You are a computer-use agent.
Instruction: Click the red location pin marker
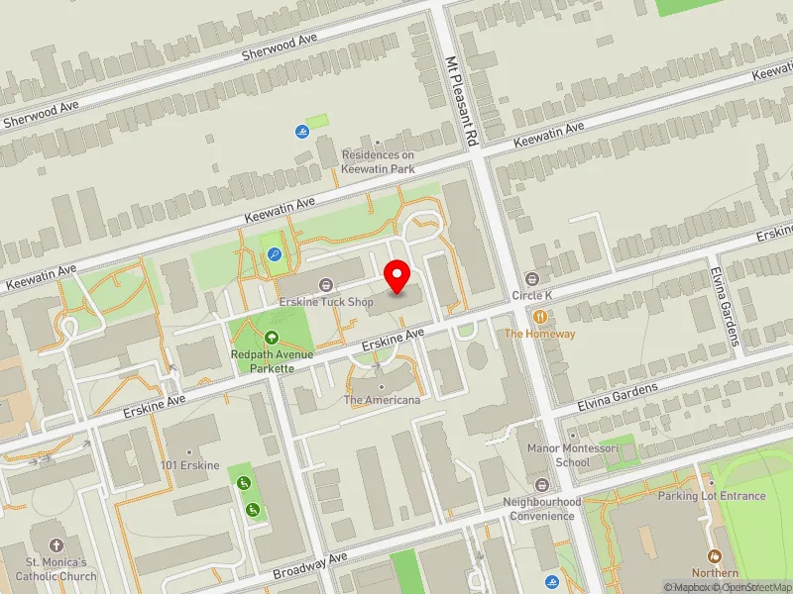click(x=397, y=276)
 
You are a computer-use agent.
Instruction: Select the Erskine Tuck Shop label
click(x=326, y=302)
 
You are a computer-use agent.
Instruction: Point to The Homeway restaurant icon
click(x=540, y=318)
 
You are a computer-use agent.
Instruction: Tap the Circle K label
click(x=531, y=296)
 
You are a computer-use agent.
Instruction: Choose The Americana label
click(x=382, y=400)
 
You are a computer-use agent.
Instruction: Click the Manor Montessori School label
click(x=573, y=455)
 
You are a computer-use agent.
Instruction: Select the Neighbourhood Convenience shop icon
click(x=541, y=484)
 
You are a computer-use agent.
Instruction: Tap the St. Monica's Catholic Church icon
click(x=56, y=545)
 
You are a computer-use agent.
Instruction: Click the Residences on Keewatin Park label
click(x=378, y=161)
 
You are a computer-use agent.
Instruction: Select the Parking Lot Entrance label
click(x=712, y=496)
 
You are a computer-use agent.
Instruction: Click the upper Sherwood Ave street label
click(x=280, y=46)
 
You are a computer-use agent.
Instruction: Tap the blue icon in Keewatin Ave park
click(x=274, y=254)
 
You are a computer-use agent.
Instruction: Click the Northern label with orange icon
click(x=715, y=572)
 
